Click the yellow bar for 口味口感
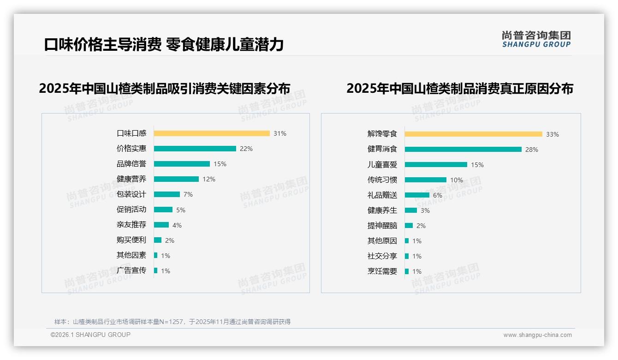tap(212, 133)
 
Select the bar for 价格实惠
tap(195, 149)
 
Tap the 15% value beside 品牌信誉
tap(220, 164)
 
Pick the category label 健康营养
tap(131, 179)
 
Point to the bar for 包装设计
tap(166, 194)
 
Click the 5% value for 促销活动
tap(181, 210)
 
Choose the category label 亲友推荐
tap(131, 225)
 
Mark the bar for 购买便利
tap(158, 240)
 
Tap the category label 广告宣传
tap(131, 270)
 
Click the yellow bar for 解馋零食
tap(473, 134)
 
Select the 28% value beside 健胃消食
tap(532, 150)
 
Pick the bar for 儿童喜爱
tap(436, 164)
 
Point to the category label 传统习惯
tap(382, 180)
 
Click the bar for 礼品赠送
tap(417, 195)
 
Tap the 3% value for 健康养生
tap(425, 210)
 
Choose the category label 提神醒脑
tap(382, 226)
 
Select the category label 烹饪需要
tap(382, 271)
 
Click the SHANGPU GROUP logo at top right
tap(536, 39)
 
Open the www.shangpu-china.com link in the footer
tap(537, 335)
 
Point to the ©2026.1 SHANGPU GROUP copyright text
tap(90, 335)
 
